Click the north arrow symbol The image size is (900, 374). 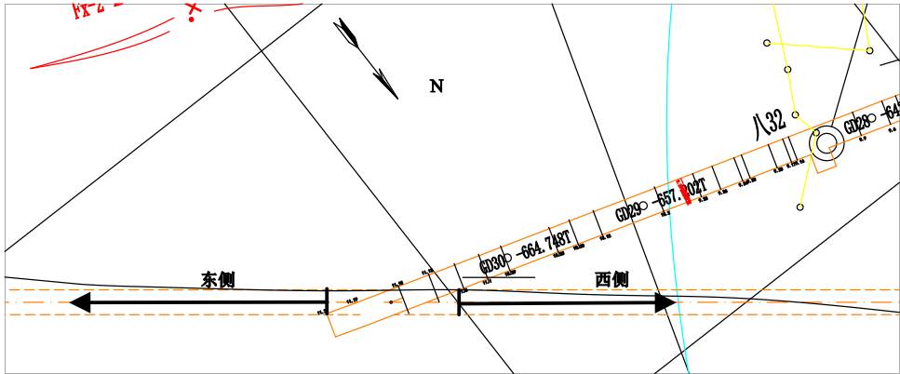pos(367,58)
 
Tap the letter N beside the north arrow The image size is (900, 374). pos(436,87)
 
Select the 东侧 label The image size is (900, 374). pos(218,279)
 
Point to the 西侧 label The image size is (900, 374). pos(611,278)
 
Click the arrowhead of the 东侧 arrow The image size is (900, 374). pos(81,302)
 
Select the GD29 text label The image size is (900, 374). pos(629,212)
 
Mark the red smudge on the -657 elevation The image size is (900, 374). pos(685,192)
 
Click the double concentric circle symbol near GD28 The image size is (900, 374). pos(826,144)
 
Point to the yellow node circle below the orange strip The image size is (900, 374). pos(799,207)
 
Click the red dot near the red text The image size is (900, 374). pos(191,18)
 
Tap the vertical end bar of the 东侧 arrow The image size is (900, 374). pos(327,301)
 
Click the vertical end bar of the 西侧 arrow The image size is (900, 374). pos(459,302)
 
